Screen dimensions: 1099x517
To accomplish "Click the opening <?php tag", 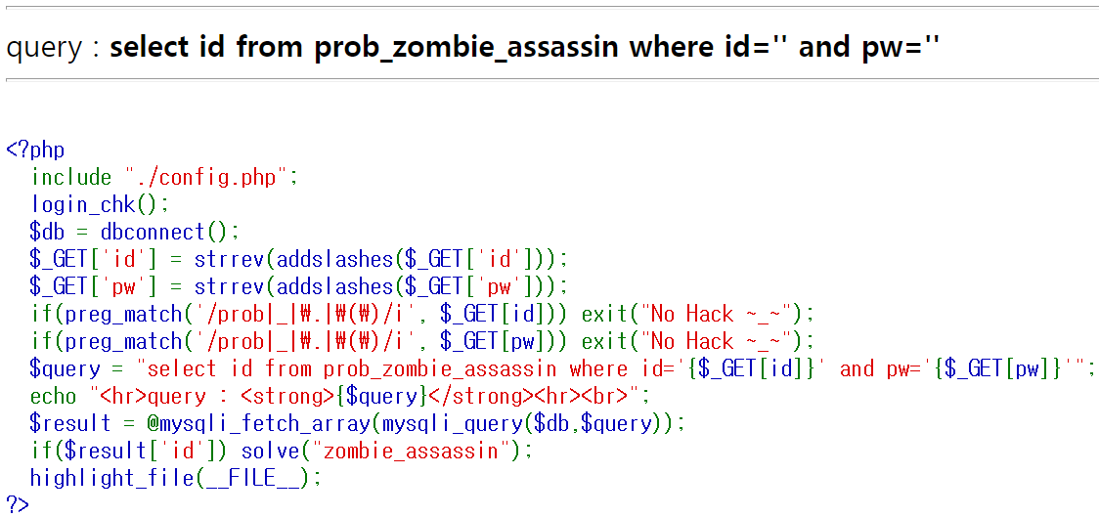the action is [35, 150].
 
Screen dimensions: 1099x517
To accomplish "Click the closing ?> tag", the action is [18, 504].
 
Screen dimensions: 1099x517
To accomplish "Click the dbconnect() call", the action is [169, 232].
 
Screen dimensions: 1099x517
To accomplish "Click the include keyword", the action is [71, 177].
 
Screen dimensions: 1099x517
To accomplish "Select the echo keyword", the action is [54, 396].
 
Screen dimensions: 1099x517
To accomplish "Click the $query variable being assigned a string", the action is [65, 368].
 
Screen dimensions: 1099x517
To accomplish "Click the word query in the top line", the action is [44, 46].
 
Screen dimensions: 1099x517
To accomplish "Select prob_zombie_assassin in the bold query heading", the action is [466, 46].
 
